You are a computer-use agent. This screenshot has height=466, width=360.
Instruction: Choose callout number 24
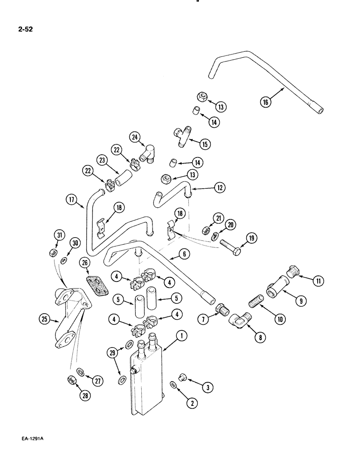(x=135, y=137)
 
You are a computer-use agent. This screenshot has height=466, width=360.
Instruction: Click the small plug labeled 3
(x=181, y=375)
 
